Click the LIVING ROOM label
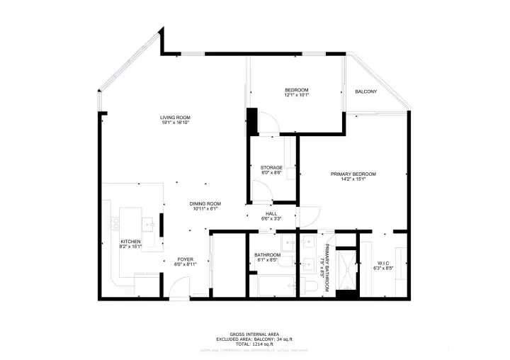[175, 117]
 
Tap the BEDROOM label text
[296, 89]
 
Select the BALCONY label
[365, 91]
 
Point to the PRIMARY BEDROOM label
[353, 174]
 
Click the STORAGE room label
[271, 167]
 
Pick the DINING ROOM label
[205, 203]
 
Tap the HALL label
[271, 213]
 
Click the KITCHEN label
[130, 242]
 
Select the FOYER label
[185, 259]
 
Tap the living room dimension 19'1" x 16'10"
[175, 123]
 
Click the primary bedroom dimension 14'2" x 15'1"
[353, 179]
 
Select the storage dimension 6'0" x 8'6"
[271, 173]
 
